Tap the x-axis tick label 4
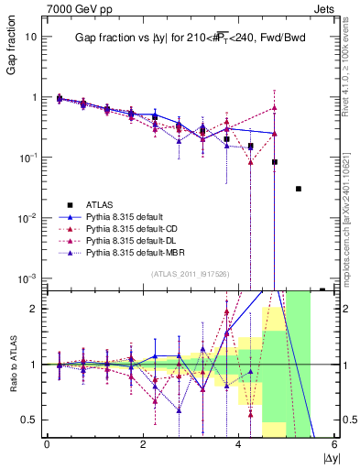[x=238, y=444]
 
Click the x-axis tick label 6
[x=334, y=444]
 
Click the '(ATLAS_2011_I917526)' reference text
[x=190, y=273]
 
